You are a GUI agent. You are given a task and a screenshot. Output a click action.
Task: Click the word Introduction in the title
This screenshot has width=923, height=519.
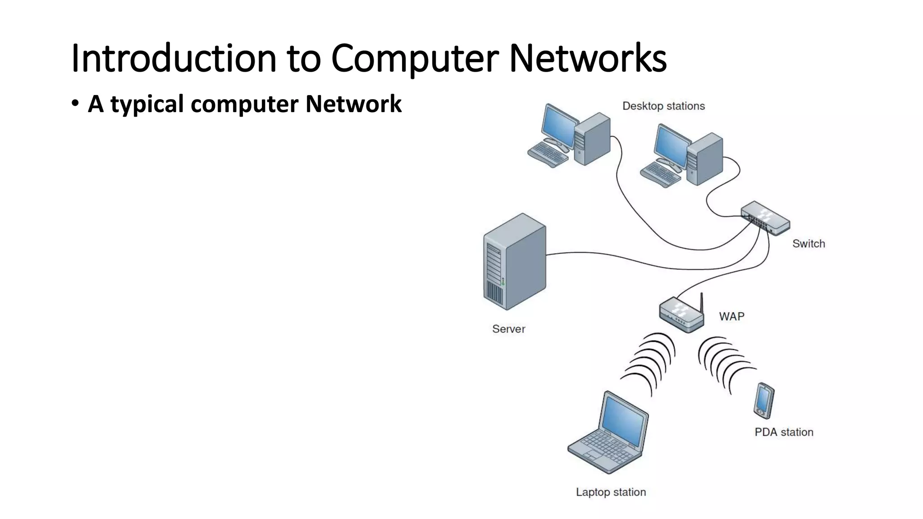[174, 58]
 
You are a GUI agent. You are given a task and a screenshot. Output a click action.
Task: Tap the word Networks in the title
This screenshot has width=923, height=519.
[587, 58]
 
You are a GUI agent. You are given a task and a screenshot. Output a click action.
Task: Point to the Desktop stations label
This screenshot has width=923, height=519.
[663, 106]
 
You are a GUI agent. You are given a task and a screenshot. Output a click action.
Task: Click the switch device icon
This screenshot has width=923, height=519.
[765, 218]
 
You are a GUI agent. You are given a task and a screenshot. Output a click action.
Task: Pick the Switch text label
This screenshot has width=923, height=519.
[809, 244]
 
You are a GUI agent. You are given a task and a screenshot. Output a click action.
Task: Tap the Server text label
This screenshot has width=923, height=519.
[508, 329]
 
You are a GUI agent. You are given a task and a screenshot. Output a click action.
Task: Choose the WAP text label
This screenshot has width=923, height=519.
[731, 316]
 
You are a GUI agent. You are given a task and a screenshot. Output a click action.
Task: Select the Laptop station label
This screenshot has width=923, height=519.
[611, 492]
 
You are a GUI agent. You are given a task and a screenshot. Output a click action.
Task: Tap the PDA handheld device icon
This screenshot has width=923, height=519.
[763, 400]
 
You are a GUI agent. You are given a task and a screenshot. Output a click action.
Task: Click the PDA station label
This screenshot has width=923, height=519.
[784, 432]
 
